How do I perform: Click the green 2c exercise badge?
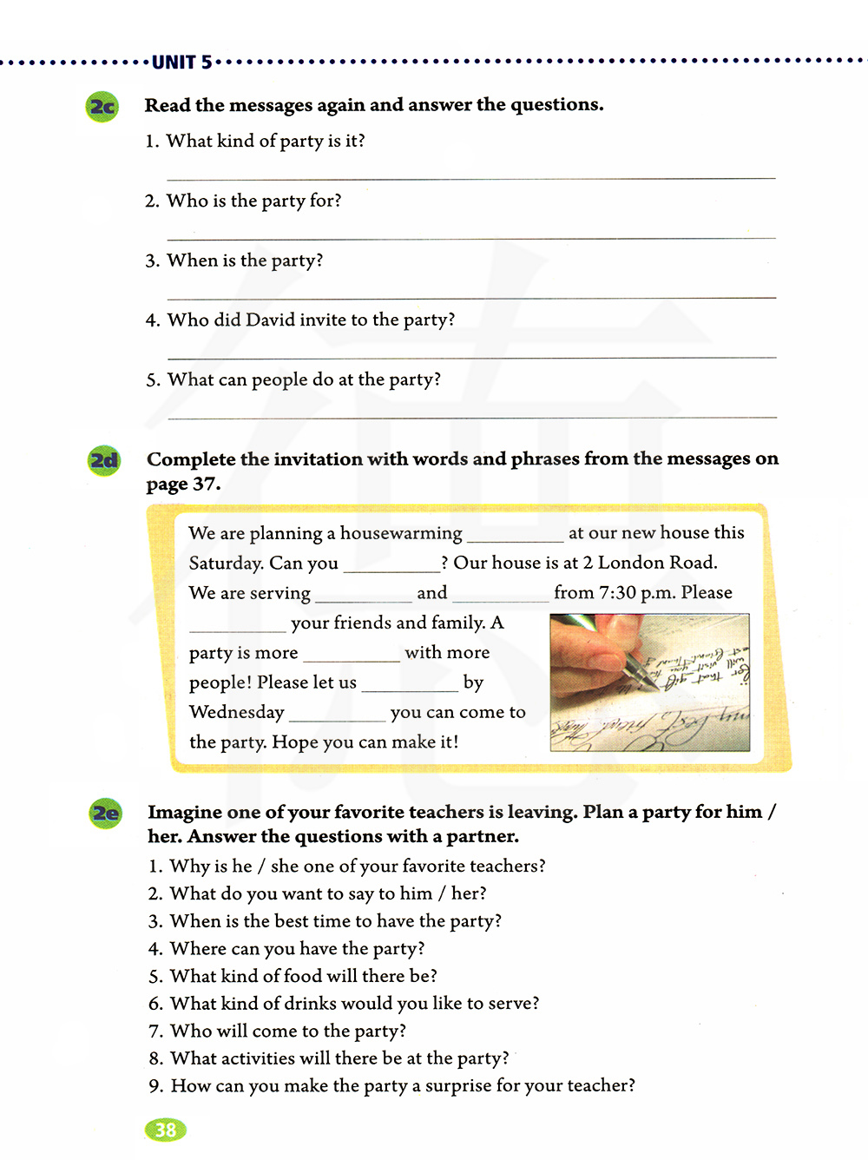102,107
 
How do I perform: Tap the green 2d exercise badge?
104,460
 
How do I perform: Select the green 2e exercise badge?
106,814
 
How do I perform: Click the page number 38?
165,1130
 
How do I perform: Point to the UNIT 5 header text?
181,62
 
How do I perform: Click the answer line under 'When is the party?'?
471,297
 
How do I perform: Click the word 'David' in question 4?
270,320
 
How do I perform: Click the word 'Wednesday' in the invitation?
237,712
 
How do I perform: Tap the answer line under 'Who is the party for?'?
471,237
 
